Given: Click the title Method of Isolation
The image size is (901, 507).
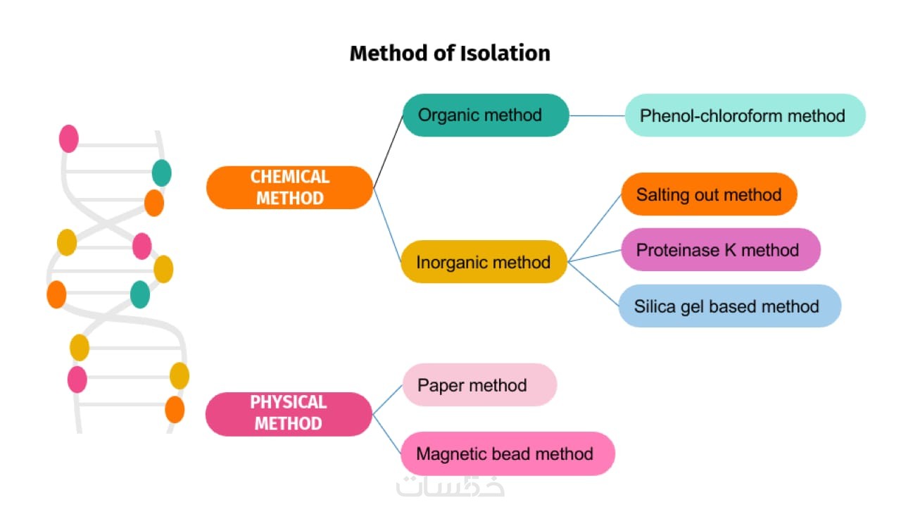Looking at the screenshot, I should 450,54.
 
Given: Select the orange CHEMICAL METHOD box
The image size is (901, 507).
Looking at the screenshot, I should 289,187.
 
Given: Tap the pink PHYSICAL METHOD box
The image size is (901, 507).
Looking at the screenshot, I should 289,413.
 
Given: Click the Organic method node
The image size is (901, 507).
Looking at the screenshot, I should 485,115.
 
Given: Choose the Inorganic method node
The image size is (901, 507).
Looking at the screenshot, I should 484,262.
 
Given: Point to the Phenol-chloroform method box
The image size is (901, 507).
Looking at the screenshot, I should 745,115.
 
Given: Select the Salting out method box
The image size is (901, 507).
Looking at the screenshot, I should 709,194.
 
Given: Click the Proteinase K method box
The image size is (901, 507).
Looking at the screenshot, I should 720,249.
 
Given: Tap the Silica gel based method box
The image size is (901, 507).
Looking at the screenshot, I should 729,306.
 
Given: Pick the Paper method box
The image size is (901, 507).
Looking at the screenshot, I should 479,384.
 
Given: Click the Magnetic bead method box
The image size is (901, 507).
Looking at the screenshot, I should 507,453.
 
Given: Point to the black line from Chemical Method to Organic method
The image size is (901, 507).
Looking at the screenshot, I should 388,151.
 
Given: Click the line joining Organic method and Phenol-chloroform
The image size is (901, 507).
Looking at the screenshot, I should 597,115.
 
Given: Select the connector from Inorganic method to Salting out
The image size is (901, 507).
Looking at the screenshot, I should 595,227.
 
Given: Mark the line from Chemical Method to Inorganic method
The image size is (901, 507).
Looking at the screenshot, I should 386,224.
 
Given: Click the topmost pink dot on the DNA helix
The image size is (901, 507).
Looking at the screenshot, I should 69,138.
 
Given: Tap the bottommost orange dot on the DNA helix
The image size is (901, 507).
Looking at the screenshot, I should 175,409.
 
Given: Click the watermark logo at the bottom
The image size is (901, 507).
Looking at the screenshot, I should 450,486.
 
